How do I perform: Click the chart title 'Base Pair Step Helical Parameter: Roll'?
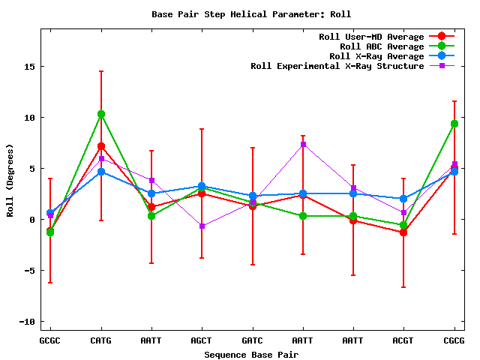point(251,14)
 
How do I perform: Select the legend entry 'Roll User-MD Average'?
point(371,37)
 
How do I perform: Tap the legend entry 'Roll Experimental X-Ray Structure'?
point(336,66)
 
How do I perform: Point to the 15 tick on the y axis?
point(31,67)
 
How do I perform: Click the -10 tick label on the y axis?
point(28,322)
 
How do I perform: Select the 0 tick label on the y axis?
point(33,220)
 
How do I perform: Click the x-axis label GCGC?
point(50,340)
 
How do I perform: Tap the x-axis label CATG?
point(101,340)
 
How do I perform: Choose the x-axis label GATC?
point(253,340)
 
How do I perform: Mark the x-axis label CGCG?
point(454,340)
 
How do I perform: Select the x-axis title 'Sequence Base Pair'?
point(252,354)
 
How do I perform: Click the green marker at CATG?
point(101,114)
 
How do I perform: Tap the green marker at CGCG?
point(454,124)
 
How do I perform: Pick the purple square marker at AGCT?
point(202,226)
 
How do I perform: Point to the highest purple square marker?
point(303,144)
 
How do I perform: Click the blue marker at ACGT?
point(403,199)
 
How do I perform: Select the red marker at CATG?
point(101,146)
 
